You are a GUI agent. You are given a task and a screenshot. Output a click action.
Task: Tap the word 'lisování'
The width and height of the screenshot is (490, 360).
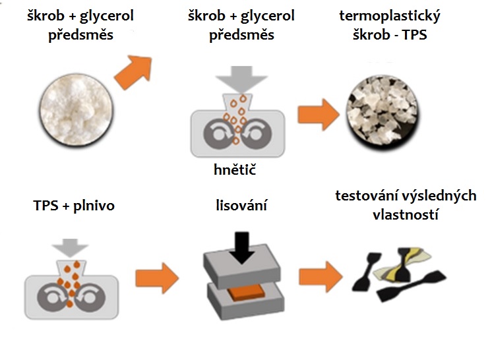tap(241, 205)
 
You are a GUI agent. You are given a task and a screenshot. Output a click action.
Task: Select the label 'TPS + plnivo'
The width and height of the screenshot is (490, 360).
tap(73, 205)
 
